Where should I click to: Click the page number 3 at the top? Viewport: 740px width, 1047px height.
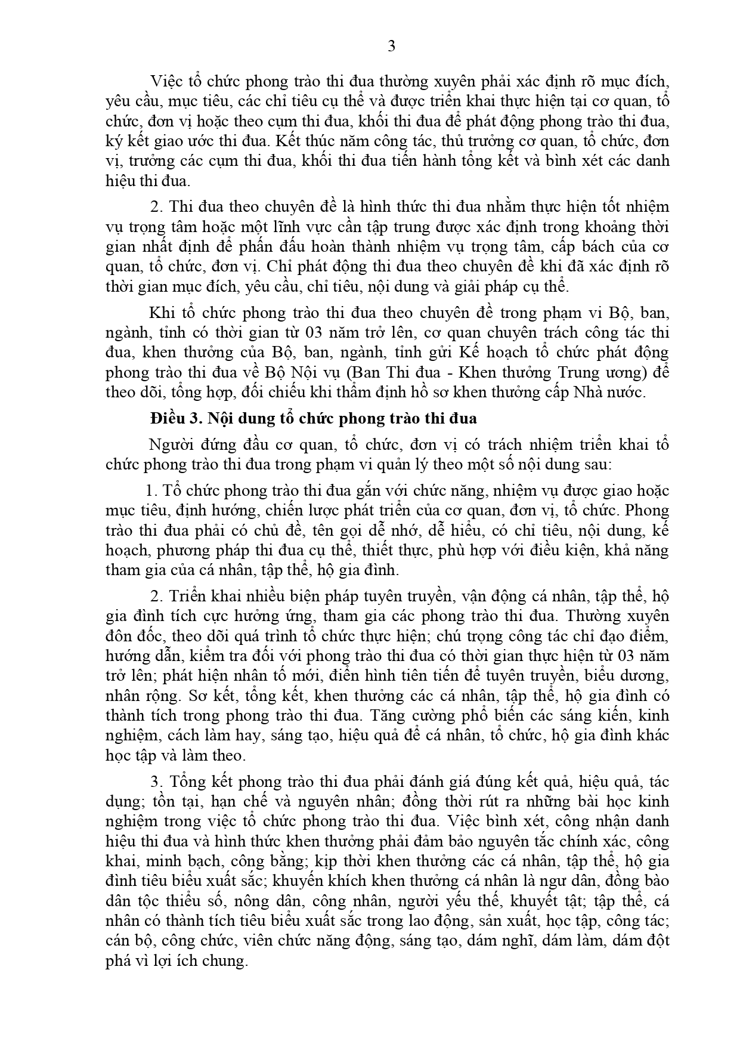click(x=391, y=46)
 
